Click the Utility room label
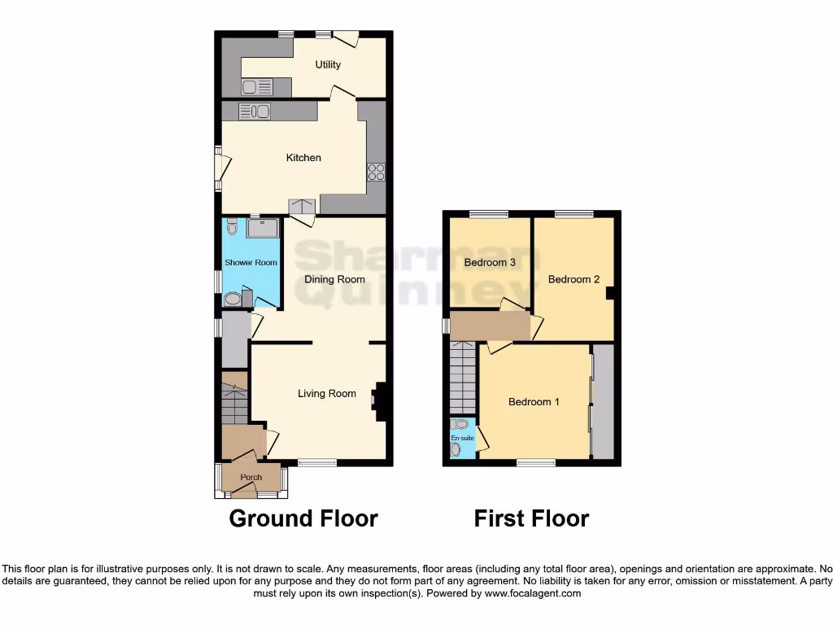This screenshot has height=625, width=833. tap(328, 65)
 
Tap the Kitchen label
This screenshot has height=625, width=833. tap(303, 158)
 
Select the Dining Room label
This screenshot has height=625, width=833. tap(334, 279)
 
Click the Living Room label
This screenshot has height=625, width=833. tap(326, 394)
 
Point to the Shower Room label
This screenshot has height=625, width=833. tap(251, 263)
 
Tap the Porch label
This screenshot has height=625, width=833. tap(251, 477)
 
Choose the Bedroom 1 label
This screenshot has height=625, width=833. tap(534, 402)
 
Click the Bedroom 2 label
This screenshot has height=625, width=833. tap(574, 280)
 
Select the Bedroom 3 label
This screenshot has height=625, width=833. tap(490, 263)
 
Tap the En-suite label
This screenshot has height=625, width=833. tap(462, 438)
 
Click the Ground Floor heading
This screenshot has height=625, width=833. tap(303, 518)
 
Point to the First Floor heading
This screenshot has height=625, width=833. tap(531, 518)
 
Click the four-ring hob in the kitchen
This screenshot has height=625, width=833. tap(376, 172)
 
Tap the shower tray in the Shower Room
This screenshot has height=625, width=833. tap(262, 228)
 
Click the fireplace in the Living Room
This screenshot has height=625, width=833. tap(378, 400)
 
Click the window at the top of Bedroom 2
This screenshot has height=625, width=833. tap(574, 214)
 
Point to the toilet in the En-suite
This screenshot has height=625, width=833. tap(462, 424)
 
